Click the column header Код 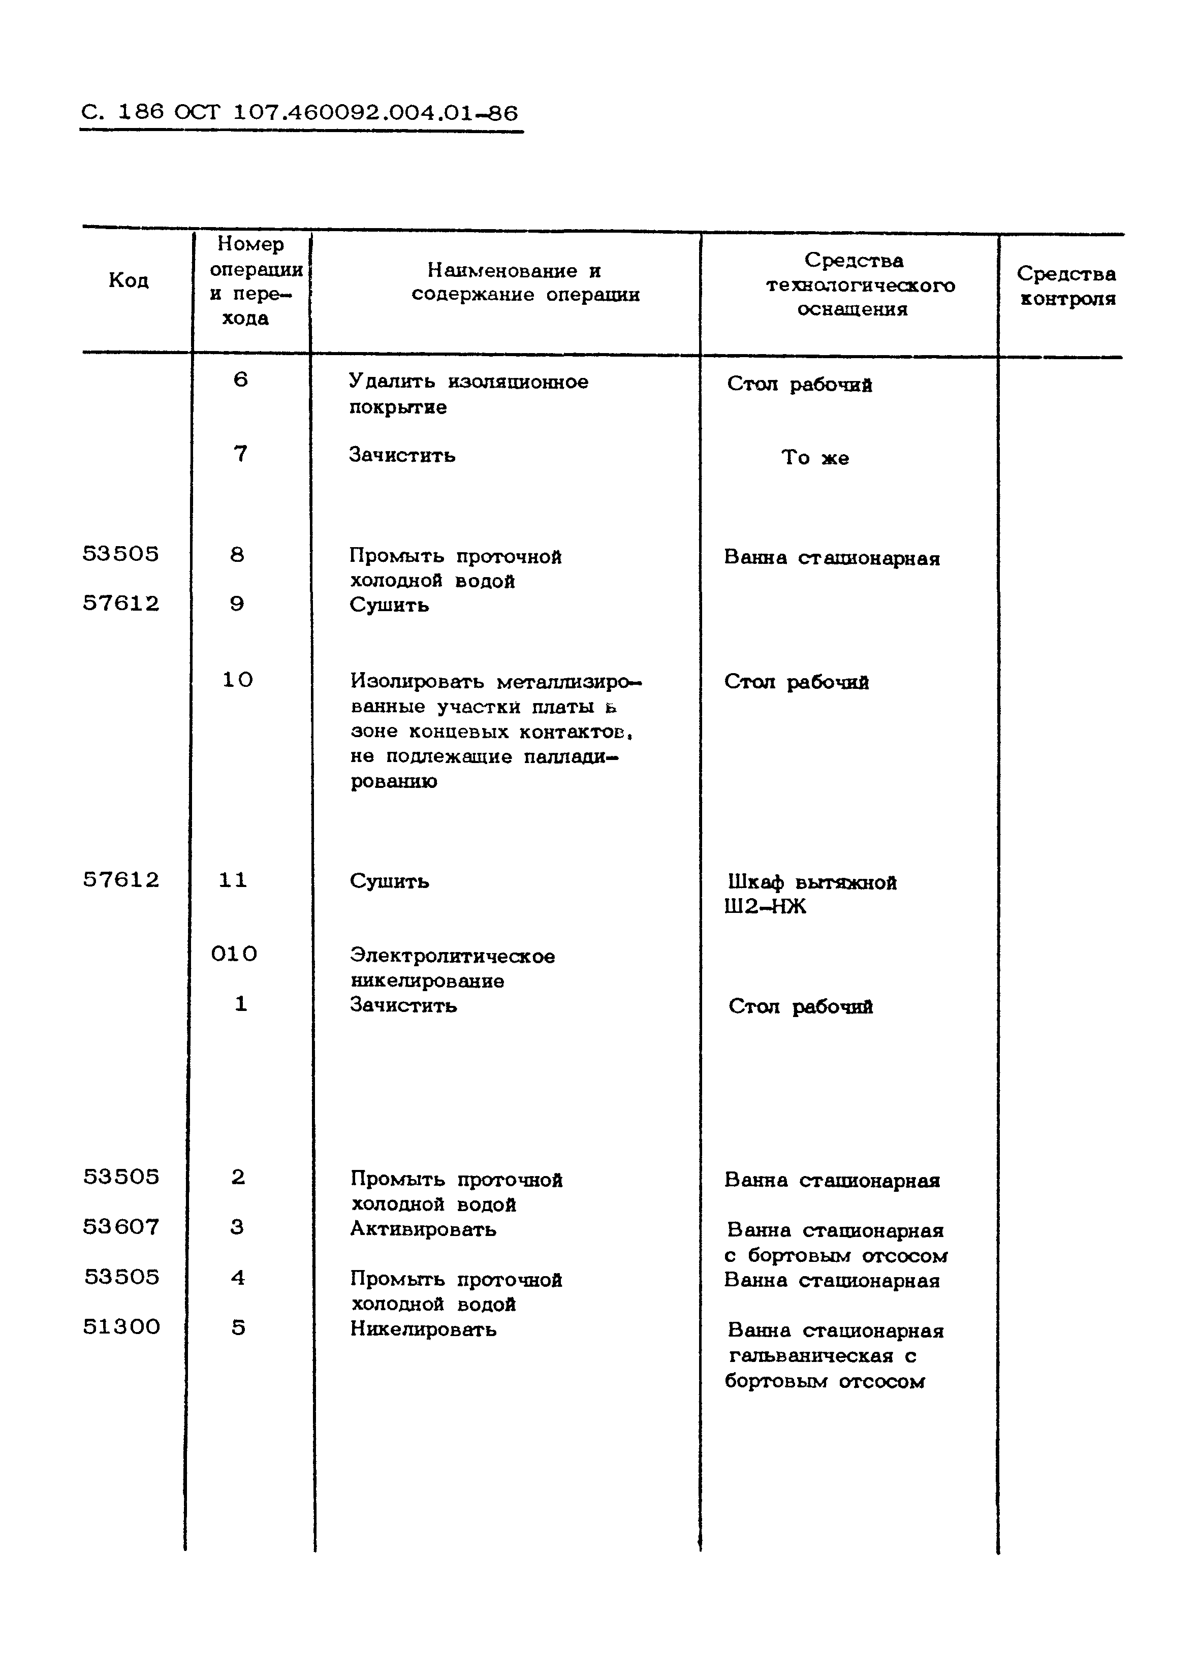pos(129,281)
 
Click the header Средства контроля pos(1066,286)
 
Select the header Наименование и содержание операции pos(525,283)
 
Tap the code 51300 pos(121,1327)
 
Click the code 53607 pos(121,1227)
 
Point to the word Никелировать pos(423,1329)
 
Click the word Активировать pos(423,1229)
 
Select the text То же pos(815,458)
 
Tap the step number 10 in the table pos(237,680)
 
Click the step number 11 pos(233,880)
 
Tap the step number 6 pos(240,379)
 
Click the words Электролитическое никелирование pos(452,969)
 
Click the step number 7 pos(240,454)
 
